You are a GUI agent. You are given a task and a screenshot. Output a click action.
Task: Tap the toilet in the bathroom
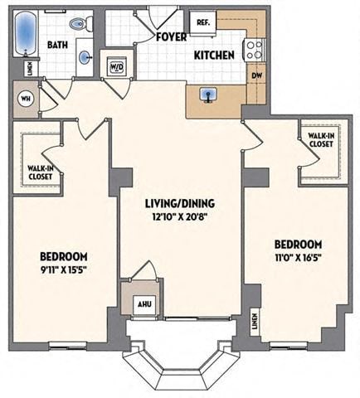(x=81, y=25)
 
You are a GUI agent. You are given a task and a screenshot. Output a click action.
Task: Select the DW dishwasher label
(x=256, y=74)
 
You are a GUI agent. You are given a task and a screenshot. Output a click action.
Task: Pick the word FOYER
(x=171, y=36)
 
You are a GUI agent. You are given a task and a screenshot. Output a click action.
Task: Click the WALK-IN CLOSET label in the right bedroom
(x=320, y=140)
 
